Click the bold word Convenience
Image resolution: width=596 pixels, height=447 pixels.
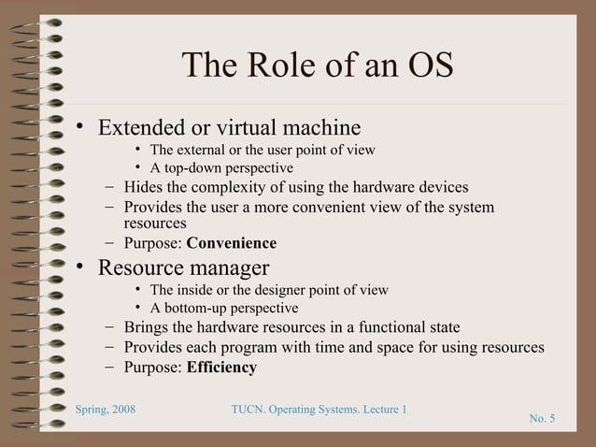click(x=232, y=244)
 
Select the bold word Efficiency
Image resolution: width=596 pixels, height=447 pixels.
click(x=221, y=367)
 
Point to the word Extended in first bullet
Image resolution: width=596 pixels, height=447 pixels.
click(x=141, y=126)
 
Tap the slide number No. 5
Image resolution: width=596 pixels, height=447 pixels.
click(x=542, y=417)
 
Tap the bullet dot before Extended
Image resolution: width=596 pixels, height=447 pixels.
click(x=82, y=126)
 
